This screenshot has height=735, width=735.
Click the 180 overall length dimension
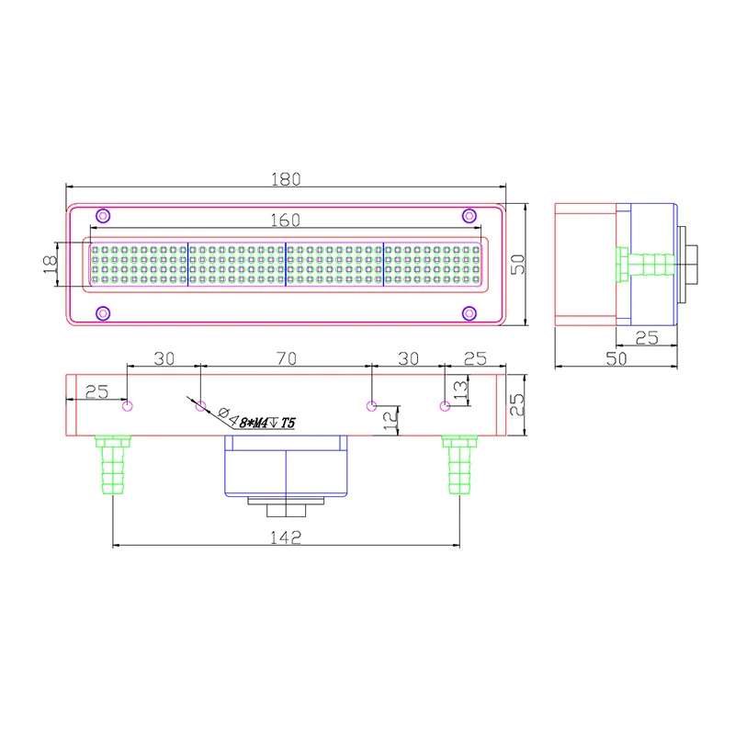coord(286,180)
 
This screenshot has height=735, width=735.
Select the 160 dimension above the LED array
coord(286,220)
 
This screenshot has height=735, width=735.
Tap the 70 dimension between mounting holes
coord(286,360)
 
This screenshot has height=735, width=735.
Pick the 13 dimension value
coord(460,390)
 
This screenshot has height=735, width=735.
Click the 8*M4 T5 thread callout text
coord(266,423)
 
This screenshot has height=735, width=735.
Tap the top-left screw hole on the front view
coord(104,215)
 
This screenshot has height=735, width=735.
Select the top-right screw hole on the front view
coord(469,215)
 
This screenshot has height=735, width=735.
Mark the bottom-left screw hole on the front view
coord(104,313)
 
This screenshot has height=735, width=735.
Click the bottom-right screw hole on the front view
coord(469,313)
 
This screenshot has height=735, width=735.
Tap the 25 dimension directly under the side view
coord(647,338)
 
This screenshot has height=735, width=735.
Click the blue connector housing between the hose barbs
coord(286,465)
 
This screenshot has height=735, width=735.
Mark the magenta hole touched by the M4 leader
coord(201,406)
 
